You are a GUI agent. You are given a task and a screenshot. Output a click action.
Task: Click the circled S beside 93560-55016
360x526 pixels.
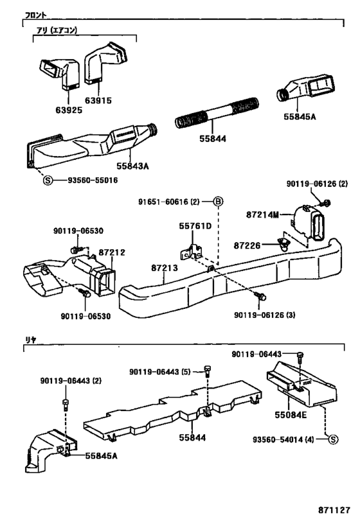pos(47,180)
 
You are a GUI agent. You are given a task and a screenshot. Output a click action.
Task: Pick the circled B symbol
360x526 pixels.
pos(217,202)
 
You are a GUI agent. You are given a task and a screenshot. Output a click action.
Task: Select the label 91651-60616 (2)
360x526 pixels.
pos(170,202)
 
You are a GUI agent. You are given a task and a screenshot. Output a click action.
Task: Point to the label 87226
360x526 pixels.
pos(248,245)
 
